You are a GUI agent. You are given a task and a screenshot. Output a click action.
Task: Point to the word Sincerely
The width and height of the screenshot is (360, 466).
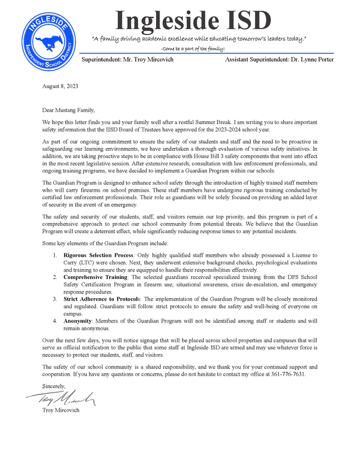tap(54, 386)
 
